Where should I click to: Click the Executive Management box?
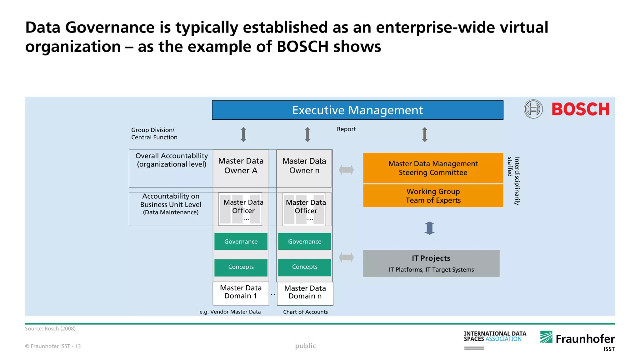point(357,110)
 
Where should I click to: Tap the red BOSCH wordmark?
point(580,109)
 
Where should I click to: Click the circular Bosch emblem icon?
point(533,109)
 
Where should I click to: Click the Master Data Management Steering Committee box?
point(433,168)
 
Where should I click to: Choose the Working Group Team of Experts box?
point(433,196)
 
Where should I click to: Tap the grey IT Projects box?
point(431,263)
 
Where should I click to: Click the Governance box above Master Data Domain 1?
point(241,242)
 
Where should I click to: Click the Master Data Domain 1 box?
point(241,292)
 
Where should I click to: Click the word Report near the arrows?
point(346,129)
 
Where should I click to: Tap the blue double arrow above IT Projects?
point(430,228)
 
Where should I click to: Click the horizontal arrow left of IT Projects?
point(346,258)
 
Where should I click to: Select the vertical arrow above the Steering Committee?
point(424,135)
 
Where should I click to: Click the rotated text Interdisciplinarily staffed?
point(513,181)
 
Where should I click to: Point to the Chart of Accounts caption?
point(305,312)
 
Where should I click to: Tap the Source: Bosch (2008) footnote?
point(51,329)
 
